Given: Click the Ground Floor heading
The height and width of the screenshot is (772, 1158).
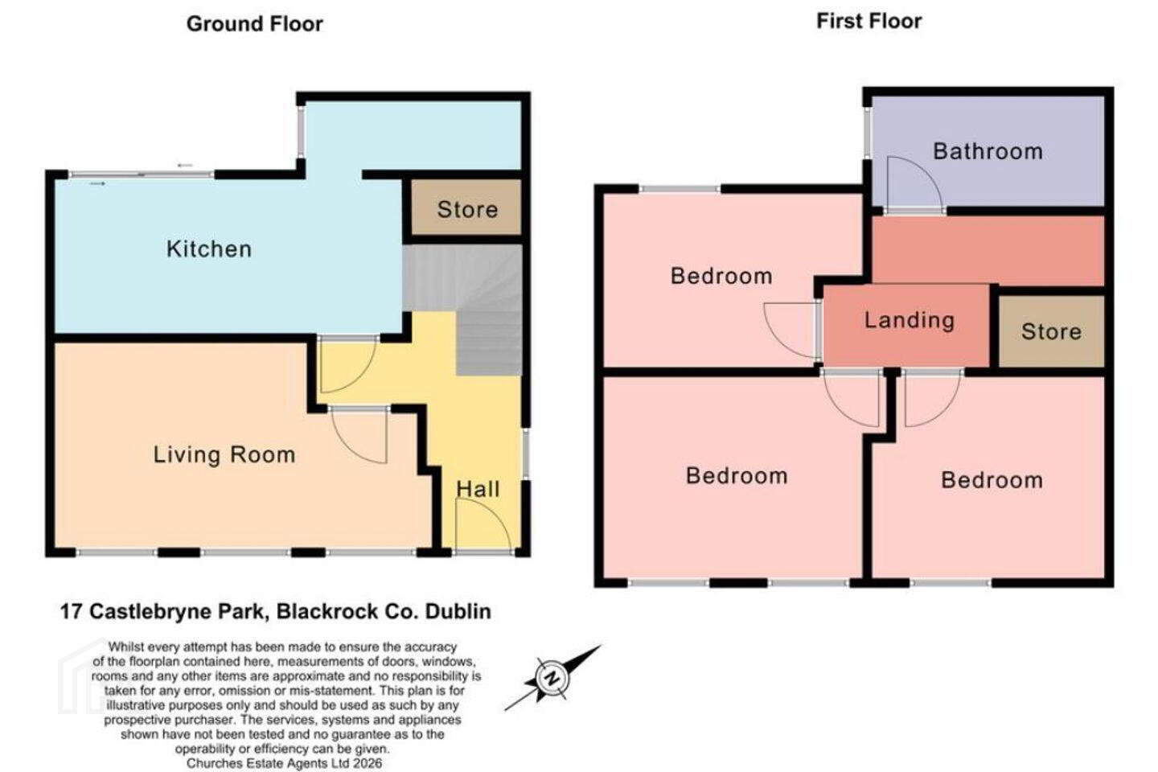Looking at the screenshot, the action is tap(254, 24).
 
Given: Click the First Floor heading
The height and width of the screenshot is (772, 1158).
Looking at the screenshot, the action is tap(869, 21).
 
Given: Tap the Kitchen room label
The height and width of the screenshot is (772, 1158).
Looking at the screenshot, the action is tap(209, 249).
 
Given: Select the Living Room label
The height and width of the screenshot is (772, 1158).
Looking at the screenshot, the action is tap(224, 455).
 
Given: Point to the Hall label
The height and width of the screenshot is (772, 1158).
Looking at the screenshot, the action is tap(478, 489).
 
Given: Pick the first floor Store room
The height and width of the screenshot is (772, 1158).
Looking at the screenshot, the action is tap(1051, 331).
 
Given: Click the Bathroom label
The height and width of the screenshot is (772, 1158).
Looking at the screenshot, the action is tap(988, 151).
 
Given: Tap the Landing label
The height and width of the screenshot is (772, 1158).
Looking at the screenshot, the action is tap(910, 320).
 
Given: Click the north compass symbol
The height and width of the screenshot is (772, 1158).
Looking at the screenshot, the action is tap(552, 678).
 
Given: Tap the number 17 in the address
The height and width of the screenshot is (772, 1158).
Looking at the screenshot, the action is tap(72, 612).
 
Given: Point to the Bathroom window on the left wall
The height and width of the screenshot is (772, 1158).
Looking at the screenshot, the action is tap(868, 132).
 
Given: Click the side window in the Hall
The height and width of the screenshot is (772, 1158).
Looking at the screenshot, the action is tap(525, 454).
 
